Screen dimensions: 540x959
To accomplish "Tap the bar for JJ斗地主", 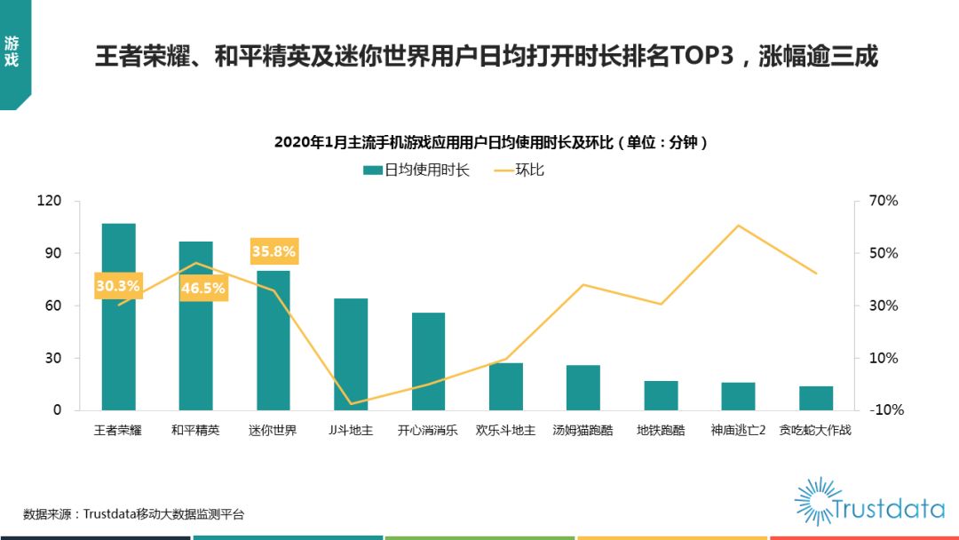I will [x=351, y=354].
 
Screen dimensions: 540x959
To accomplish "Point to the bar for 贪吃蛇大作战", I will [x=815, y=398].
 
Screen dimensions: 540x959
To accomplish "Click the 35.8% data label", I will [x=273, y=251].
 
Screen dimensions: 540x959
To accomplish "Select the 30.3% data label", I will [x=118, y=286].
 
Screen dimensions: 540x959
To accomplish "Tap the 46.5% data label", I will [x=203, y=288].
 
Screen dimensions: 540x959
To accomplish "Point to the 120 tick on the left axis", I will [x=49, y=201].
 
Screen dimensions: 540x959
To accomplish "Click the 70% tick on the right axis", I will [x=883, y=201].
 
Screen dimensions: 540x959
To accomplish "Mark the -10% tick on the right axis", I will [x=883, y=410].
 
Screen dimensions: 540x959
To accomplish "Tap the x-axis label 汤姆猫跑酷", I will [x=583, y=431].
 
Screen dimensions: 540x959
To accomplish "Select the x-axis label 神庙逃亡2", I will [x=738, y=431].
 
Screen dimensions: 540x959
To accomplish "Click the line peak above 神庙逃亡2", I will [x=738, y=226].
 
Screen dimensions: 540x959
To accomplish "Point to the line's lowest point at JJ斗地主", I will [x=351, y=404].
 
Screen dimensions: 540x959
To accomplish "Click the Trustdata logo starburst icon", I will [x=817, y=500].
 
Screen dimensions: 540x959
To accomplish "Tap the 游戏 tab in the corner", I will [x=12, y=51].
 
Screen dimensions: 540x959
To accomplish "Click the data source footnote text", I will [x=133, y=514].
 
